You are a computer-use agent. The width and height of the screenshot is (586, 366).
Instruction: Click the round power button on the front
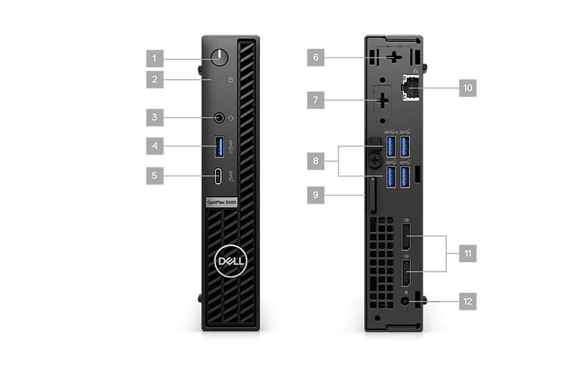coord(219,58)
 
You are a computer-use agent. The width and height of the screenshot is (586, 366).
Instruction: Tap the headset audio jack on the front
coord(219,118)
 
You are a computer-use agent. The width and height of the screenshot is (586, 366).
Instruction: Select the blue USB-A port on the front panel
coord(219,146)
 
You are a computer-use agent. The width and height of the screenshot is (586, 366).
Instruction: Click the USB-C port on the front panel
coord(218,176)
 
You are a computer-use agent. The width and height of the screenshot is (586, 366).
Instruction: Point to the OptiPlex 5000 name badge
coord(222,202)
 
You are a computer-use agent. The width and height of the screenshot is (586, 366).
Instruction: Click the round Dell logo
coord(231,261)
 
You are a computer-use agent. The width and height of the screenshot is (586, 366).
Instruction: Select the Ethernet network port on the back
coord(410,88)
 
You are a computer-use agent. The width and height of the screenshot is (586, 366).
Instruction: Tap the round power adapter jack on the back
coord(405,302)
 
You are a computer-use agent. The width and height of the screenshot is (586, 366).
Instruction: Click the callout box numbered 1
coord(155,59)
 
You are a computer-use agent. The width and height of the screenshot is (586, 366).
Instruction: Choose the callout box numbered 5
coord(155,176)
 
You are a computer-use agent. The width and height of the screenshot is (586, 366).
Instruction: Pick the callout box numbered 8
coord(316,161)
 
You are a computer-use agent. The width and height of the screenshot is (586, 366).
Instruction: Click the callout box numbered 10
coord(468,88)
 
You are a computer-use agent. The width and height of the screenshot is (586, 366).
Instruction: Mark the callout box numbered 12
coord(468,302)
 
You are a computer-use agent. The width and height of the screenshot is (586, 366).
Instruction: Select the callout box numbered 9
coord(316,195)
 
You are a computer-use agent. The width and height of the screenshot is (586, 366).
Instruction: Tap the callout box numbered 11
coord(468,253)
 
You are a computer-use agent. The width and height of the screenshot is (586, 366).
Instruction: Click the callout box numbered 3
coord(155,117)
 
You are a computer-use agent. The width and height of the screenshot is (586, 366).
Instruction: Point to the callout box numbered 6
coord(316,58)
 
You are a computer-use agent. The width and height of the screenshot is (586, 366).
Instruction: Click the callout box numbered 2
coord(155,79)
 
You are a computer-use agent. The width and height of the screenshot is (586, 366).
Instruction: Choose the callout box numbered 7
coord(316,100)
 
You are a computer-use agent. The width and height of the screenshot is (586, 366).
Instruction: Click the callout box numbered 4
coord(155,146)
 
